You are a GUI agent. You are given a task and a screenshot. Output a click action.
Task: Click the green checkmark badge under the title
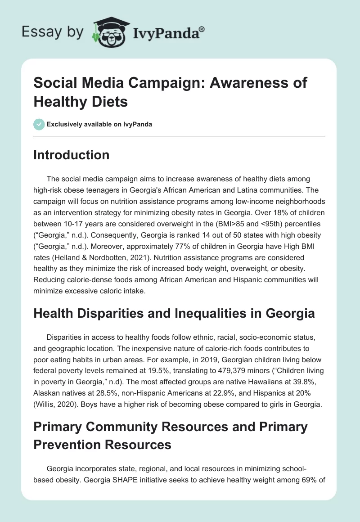click(39, 124)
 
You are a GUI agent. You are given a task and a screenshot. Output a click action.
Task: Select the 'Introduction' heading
click(71, 155)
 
